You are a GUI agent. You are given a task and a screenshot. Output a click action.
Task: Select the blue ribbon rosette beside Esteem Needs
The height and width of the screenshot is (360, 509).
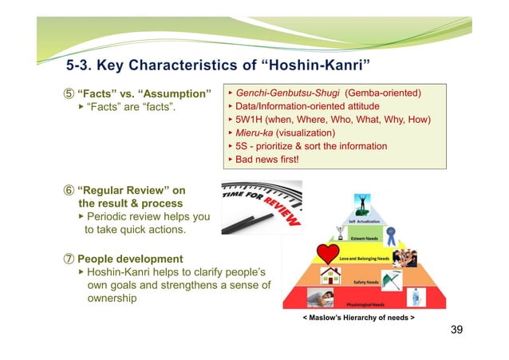click(391, 235)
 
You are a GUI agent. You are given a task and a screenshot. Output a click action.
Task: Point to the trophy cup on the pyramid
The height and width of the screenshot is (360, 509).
click(340, 233)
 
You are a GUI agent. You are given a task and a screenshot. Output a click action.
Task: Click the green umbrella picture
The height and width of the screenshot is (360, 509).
click(391, 280)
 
